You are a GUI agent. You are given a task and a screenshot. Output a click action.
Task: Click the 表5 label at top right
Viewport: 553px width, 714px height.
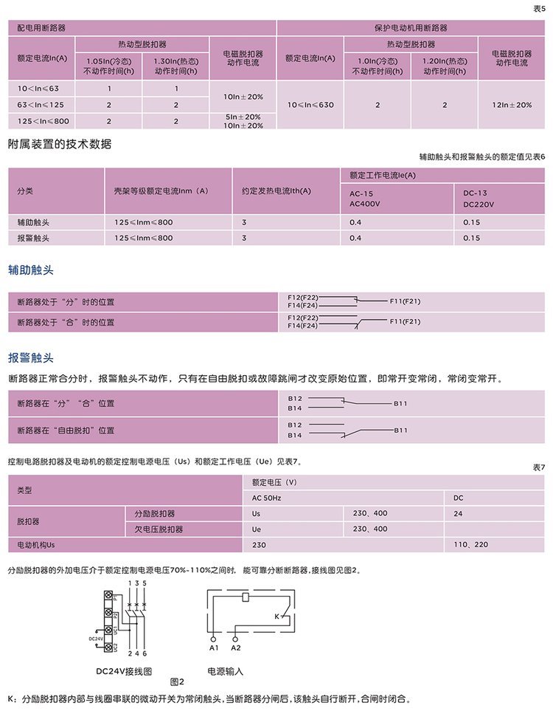click(x=539, y=8)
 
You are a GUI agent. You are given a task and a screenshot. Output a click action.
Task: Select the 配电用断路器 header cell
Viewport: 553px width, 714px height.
click(x=41, y=27)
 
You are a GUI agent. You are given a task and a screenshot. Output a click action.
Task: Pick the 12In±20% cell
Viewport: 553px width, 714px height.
click(x=512, y=105)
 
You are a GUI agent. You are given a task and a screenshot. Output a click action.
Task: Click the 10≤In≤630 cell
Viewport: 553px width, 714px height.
click(x=310, y=105)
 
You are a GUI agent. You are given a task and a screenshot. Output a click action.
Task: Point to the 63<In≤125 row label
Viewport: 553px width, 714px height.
click(x=41, y=105)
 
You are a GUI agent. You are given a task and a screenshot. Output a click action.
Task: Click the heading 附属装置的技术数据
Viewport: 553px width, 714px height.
click(x=60, y=144)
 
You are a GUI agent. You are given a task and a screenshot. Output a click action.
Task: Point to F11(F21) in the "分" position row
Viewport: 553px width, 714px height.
click(x=405, y=301)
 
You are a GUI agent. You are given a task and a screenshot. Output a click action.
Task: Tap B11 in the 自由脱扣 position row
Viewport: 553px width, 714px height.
click(x=400, y=430)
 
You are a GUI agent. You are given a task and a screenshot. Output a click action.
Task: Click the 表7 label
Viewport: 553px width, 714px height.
click(x=539, y=468)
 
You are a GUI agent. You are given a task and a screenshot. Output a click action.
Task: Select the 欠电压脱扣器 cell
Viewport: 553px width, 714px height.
click(x=159, y=529)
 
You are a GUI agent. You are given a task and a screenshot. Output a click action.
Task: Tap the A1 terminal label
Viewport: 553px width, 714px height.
click(x=214, y=648)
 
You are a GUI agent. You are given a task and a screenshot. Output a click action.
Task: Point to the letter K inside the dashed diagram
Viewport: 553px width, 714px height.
click(x=277, y=616)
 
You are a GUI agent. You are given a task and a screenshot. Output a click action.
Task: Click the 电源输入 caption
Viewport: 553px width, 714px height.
click(x=225, y=672)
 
